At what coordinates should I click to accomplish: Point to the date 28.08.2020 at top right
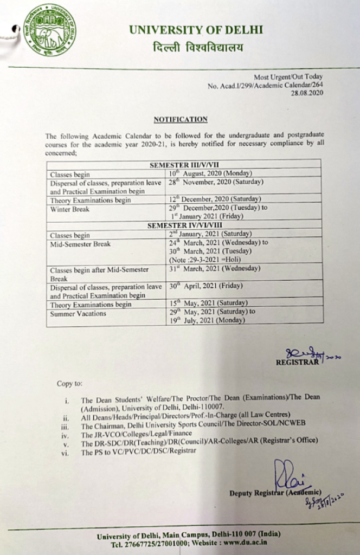point(307,93)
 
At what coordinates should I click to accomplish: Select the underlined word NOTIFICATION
point(181,119)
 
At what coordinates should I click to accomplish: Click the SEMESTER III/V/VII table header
point(184,165)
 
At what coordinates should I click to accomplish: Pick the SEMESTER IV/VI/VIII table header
point(184,225)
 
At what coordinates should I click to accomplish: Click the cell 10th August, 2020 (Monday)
point(209,173)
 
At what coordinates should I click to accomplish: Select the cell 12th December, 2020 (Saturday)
point(215,199)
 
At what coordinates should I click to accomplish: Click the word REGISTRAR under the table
point(297,362)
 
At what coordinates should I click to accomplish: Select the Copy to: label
point(69,384)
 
